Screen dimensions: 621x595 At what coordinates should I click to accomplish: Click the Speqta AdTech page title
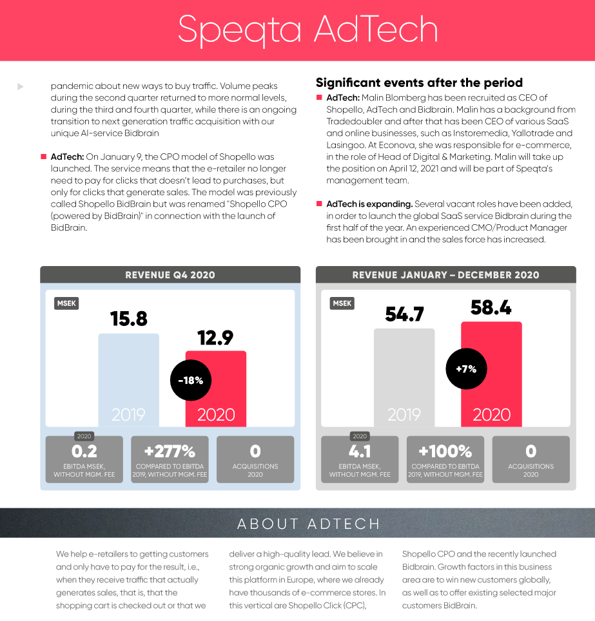(x=307, y=29)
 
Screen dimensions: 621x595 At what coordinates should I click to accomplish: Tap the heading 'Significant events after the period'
(x=419, y=82)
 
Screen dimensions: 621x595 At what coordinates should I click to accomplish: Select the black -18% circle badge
(x=190, y=380)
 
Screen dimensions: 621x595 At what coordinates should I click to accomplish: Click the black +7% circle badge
(x=466, y=369)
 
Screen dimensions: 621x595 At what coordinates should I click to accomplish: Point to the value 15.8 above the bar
(x=128, y=318)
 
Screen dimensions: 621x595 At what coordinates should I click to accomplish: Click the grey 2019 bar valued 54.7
(x=404, y=377)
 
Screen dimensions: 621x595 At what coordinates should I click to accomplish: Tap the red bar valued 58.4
(x=491, y=374)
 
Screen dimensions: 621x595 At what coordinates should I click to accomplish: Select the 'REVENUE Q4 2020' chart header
(x=170, y=275)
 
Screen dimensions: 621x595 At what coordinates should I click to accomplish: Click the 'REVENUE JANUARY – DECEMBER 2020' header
(x=445, y=275)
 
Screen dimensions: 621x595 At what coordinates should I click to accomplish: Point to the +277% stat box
(x=170, y=459)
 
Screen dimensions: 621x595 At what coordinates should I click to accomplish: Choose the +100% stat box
(x=445, y=459)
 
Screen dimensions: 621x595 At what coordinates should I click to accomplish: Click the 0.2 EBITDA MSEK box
(x=84, y=459)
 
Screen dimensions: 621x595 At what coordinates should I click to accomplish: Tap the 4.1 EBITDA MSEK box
(x=360, y=459)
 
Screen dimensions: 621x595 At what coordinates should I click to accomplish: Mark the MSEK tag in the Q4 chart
(x=66, y=303)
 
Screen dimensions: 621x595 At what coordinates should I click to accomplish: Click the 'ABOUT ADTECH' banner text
(x=308, y=524)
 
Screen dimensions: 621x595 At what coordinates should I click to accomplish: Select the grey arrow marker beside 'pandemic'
(x=21, y=86)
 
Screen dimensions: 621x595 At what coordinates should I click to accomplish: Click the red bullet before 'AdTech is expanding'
(x=319, y=204)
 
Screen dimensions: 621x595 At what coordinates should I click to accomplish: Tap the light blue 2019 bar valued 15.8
(x=128, y=380)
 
